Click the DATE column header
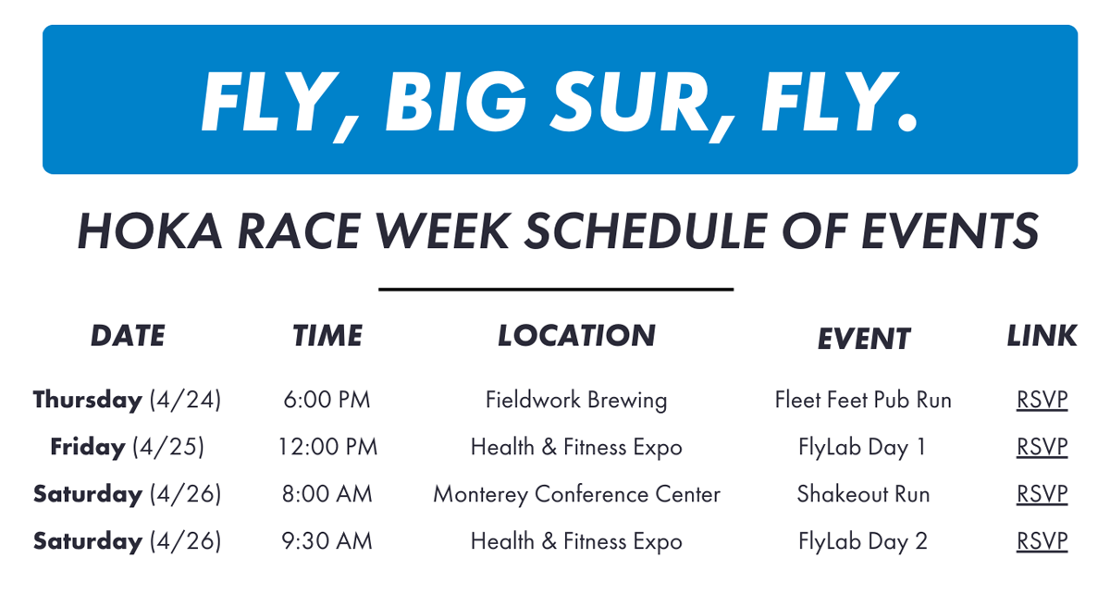(128, 336)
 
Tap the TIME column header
(327, 336)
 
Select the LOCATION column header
(576, 336)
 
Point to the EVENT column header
(864, 339)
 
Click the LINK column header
(1042, 336)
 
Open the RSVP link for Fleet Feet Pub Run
(1042, 400)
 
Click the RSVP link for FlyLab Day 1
(1042, 447)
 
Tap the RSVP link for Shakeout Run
(1042, 494)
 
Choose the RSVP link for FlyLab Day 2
(1042, 541)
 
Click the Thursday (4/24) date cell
(127, 401)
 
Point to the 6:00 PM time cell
(327, 400)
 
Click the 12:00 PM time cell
(327, 447)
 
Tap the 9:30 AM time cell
(327, 541)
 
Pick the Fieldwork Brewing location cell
(576, 401)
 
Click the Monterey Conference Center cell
(577, 494)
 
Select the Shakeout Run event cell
(863, 494)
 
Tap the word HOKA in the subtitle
(150, 231)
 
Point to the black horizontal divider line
(556, 290)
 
